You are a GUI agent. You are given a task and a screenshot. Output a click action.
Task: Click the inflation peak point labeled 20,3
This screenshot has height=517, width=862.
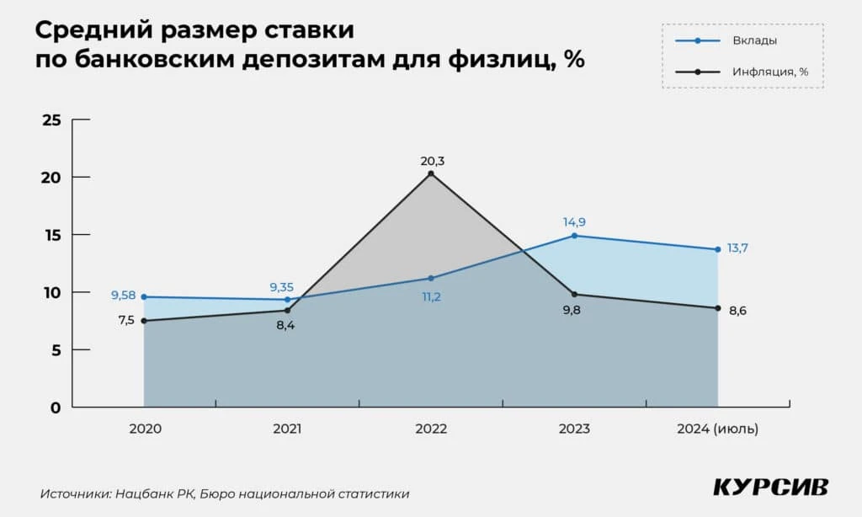pyautogui.click(x=431, y=173)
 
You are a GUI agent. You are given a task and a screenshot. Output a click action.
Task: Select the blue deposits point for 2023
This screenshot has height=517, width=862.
pyautogui.click(x=574, y=236)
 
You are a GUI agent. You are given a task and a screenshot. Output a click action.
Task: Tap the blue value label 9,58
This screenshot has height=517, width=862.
pyautogui.click(x=123, y=296)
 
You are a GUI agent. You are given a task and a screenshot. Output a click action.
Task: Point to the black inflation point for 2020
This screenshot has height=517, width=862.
pyautogui.click(x=145, y=321)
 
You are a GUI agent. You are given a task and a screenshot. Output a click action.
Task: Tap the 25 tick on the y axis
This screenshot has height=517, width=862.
pyautogui.click(x=51, y=120)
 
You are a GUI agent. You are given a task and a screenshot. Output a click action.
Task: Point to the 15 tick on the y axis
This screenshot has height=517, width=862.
pyautogui.click(x=51, y=235)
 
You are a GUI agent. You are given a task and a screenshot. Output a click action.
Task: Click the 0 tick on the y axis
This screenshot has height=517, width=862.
pyautogui.click(x=56, y=408)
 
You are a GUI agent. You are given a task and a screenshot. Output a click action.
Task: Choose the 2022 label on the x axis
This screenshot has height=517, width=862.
pyautogui.click(x=431, y=429)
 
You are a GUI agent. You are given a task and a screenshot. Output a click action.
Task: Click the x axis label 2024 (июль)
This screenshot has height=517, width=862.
pyautogui.click(x=717, y=429)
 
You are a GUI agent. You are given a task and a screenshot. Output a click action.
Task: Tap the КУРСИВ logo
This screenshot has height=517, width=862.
pyautogui.click(x=769, y=487)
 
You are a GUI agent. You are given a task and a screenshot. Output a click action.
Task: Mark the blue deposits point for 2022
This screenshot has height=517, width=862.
pyautogui.click(x=431, y=278)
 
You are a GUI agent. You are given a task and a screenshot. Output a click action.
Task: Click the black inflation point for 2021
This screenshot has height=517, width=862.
pyautogui.click(x=288, y=311)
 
